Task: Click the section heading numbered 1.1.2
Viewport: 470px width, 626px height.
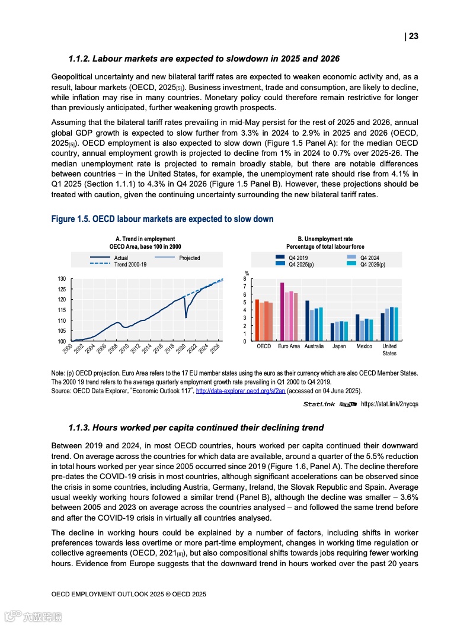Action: coord(204,59)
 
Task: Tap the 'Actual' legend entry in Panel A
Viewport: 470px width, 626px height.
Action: coord(120,258)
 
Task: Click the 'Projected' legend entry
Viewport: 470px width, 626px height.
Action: coord(189,258)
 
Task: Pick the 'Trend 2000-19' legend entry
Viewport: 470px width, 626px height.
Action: coord(130,265)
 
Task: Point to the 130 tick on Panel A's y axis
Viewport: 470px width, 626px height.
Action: coord(62,278)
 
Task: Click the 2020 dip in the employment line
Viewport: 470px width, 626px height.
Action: coord(186,317)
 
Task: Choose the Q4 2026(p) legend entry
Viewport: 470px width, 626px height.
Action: coord(373,265)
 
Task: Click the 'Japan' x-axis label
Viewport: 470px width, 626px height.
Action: coord(339,346)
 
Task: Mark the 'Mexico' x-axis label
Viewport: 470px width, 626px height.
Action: coord(364,346)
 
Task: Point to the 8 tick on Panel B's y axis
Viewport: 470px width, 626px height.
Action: coord(246,278)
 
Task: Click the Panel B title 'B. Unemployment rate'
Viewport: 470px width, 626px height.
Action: coord(325,239)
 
